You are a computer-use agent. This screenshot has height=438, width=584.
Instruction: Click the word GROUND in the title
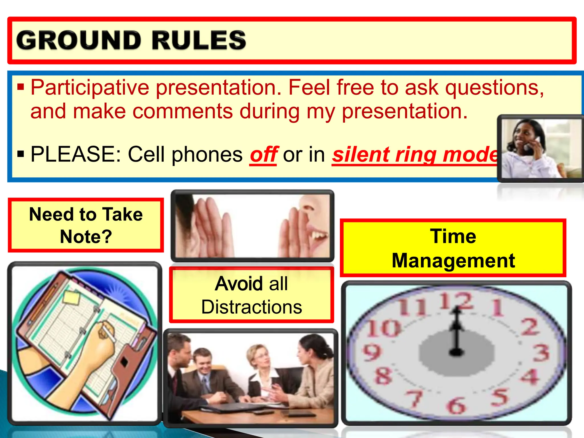pyautogui.click(x=79, y=40)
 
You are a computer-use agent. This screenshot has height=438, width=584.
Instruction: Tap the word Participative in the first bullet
pyautogui.click(x=90, y=88)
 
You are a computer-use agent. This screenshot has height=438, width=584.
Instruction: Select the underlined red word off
pyautogui.click(x=263, y=155)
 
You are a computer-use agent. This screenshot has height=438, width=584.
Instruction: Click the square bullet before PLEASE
pyautogui.click(x=21, y=155)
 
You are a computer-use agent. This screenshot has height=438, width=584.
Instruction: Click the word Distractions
pyautogui.click(x=252, y=307)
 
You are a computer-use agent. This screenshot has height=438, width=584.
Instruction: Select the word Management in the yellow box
pyautogui.click(x=453, y=261)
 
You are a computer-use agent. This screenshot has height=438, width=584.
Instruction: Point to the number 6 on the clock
pyautogui.click(x=456, y=405)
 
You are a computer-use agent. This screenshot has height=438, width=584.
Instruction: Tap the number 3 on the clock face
pyautogui.click(x=541, y=353)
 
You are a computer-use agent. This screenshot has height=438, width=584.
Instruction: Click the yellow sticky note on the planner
pyautogui.click(x=71, y=297)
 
